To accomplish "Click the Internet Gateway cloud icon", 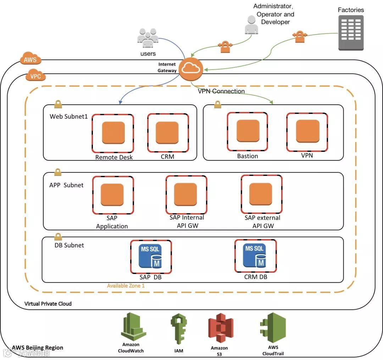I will click(x=191, y=69).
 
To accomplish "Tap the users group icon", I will click(x=148, y=39).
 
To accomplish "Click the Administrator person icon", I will click(x=251, y=25).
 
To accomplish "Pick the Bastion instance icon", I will click(x=248, y=131).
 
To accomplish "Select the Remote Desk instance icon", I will click(x=113, y=133).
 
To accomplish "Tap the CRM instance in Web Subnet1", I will click(x=167, y=132).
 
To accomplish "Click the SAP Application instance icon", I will click(x=112, y=195).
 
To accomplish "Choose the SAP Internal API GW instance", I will click(x=185, y=194).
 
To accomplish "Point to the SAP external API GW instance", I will click(x=261, y=194).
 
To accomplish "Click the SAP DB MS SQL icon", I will click(x=151, y=256).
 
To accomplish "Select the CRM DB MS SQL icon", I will click(x=255, y=255).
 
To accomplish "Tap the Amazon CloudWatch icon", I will click(x=133, y=327).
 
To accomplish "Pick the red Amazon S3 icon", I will click(x=221, y=328).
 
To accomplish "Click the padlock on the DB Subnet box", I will click(x=57, y=236).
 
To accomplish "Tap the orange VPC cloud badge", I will click(x=35, y=76).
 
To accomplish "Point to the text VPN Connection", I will click(x=221, y=91).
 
